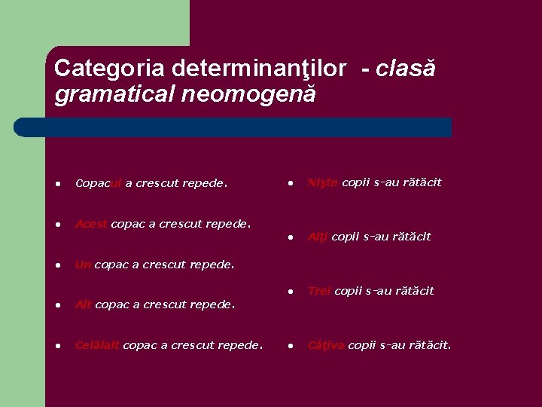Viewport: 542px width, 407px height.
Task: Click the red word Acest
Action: (x=91, y=224)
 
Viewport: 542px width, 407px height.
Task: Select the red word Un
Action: (x=83, y=265)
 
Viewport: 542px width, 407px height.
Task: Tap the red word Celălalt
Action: (x=97, y=346)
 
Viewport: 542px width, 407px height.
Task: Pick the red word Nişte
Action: (x=323, y=182)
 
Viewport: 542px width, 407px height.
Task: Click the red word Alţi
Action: (x=318, y=237)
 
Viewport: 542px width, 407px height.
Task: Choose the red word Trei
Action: (x=319, y=291)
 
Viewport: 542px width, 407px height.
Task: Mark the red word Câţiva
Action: (x=326, y=346)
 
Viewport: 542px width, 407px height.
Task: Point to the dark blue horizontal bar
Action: (x=233, y=127)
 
